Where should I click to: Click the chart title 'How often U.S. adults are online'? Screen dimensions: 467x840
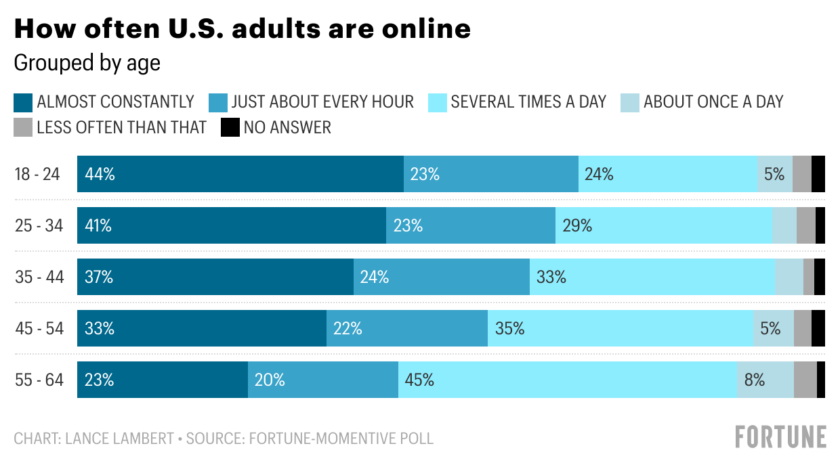click(242, 29)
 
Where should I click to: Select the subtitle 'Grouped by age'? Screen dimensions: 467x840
click(87, 63)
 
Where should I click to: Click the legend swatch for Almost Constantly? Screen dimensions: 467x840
click(22, 102)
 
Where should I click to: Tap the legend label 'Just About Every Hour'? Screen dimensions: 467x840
click(322, 102)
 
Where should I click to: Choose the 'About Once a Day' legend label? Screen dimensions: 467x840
click(713, 102)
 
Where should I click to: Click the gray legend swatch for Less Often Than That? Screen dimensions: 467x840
click(22, 127)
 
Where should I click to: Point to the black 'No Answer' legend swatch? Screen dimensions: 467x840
click(230, 127)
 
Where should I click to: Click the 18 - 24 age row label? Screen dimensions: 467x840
click(38, 174)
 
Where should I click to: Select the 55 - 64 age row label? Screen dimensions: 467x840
click(39, 380)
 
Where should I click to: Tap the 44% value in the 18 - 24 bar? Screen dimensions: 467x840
click(100, 174)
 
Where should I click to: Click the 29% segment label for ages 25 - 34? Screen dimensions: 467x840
click(577, 225)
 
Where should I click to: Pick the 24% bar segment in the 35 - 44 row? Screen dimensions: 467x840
click(441, 277)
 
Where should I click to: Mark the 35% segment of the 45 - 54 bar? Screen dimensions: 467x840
click(620, 328)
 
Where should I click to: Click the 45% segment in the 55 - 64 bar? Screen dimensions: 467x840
click(567, 380)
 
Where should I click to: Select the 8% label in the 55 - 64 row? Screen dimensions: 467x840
click(754, 380)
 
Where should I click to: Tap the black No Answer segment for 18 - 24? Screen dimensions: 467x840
click(818, 174)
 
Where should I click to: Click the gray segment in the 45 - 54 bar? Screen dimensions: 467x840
click(802, 328)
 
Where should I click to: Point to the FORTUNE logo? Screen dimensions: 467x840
click(780, 437)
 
